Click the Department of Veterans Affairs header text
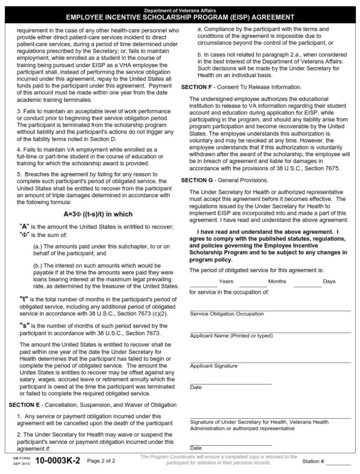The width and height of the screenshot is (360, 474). [180, 10]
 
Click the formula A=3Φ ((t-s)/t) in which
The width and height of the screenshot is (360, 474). [98, 214]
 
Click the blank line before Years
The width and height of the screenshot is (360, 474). [203, 286]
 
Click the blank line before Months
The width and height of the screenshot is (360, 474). [253, 286]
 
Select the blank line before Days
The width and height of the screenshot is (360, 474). [307, 286]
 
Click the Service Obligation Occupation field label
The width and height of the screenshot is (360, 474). [227, 314]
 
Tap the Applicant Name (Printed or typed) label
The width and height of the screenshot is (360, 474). [231, 336]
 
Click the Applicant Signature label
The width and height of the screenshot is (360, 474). [213, 366]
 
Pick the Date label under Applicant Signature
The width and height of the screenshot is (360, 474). [196, 387]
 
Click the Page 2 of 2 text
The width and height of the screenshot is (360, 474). [101, 461]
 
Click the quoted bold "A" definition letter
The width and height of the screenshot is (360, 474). [25, 225]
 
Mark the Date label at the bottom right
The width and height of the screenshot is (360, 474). [196, 448]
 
